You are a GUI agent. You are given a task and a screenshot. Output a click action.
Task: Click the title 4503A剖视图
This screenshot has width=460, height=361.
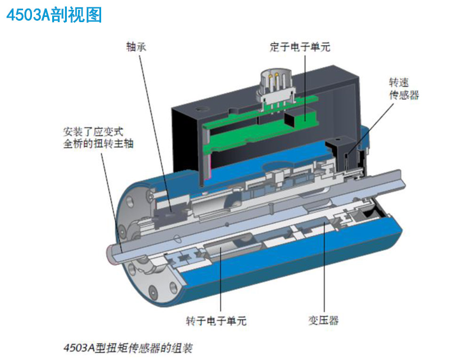click(x=54, y=15)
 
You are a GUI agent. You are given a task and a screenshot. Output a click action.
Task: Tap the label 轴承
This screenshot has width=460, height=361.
click(x=136, y=47)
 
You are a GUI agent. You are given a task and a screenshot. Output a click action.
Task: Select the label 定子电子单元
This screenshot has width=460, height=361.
click(x=300, y=47)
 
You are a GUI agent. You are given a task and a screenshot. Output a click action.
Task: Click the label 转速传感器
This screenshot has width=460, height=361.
click(x=404, y=88)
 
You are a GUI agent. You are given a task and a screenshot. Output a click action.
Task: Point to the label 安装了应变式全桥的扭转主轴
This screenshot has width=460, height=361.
click(x=98, y=137)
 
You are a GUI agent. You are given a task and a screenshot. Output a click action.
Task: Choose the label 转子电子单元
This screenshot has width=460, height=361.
click(x=216, y=321)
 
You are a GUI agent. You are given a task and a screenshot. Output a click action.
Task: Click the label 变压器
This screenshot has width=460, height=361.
click(x=323, y=320)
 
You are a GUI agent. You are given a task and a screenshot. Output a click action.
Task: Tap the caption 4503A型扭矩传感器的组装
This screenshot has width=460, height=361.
click(x=128, y=348)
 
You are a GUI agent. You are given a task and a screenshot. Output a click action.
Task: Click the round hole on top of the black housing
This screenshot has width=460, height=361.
click(x=202, y=110)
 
